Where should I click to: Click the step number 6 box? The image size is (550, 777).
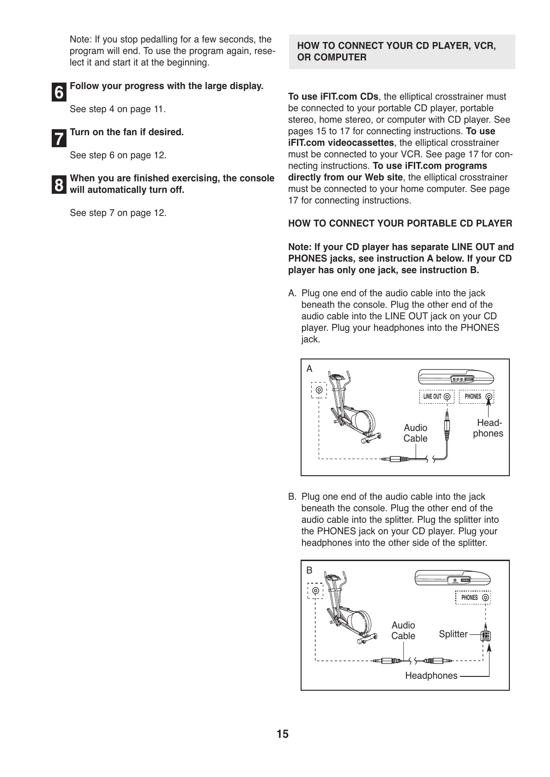[59, 93]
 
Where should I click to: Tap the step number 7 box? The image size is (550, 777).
[59, 139]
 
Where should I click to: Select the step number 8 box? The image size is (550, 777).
[59, 185]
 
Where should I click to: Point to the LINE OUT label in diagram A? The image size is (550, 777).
[432, 397]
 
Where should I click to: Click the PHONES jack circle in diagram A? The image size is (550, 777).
[489, 397]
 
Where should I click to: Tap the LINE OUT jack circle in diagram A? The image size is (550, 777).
[447, 397]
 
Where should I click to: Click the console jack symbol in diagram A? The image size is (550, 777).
[319, 390]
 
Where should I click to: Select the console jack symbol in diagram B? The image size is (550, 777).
[315, 591]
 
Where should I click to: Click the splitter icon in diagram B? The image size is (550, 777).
[485, 636]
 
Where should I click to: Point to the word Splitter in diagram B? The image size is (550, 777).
[453, 634]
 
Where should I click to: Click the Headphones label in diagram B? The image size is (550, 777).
[431, 676]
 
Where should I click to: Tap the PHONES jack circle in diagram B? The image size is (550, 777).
[485, 598]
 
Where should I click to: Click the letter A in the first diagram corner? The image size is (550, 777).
[309, 369]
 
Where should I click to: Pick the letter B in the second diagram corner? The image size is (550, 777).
[309, 571]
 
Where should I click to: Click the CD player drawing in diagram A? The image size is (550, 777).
[456, 377]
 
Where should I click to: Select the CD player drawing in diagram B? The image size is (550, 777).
[452, 578]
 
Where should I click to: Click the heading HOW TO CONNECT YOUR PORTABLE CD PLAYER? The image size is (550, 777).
[400, 224]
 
